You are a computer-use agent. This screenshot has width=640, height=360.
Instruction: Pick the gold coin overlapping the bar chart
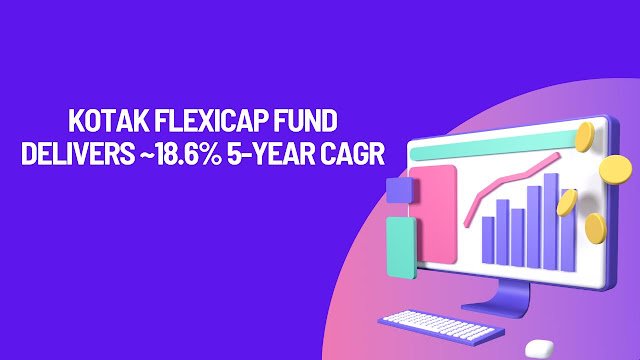[566, 203]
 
